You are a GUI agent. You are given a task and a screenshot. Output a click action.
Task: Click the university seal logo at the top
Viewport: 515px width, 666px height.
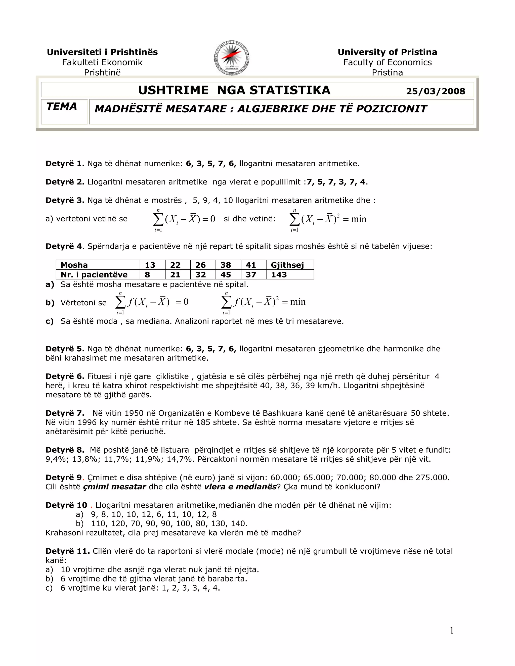coord(232,58)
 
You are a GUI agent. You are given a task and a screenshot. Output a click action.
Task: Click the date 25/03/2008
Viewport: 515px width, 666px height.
coord(435,91)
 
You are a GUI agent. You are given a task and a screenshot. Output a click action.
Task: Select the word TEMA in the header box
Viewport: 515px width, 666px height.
coord(62,106)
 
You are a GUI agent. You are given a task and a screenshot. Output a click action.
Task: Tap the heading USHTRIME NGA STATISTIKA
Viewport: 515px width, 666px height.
coord(234,90)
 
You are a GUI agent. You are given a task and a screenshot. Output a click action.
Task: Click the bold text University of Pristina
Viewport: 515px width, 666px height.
coord(387,52)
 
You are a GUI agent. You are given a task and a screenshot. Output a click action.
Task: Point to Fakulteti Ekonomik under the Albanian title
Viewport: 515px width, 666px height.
coord(102,63)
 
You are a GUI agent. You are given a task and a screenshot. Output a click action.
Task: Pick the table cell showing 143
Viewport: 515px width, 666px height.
coord(279,275)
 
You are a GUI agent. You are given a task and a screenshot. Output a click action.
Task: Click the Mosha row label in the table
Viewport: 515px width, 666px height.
coord(74,265)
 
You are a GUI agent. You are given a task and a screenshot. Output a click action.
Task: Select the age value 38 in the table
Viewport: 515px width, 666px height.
coord(226,265)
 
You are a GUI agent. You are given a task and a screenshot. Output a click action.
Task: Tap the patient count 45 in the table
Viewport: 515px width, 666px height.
coord(226,275)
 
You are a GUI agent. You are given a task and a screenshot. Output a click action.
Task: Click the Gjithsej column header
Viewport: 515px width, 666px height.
coord(287,265)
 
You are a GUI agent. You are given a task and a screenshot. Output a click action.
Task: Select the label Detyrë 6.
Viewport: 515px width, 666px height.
coord(65,376)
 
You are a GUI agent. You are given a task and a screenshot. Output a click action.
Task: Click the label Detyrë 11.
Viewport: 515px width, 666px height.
coord(67,551)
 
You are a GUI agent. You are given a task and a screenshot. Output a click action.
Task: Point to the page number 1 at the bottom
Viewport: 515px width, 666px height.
coord(452,630)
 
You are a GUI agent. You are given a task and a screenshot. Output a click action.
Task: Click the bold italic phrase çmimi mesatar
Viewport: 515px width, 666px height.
coord(114,487)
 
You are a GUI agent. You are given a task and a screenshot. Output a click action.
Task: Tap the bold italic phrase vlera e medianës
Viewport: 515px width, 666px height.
coord(240,487)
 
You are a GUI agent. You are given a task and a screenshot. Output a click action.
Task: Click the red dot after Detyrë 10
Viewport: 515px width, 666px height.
coord(91,506)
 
